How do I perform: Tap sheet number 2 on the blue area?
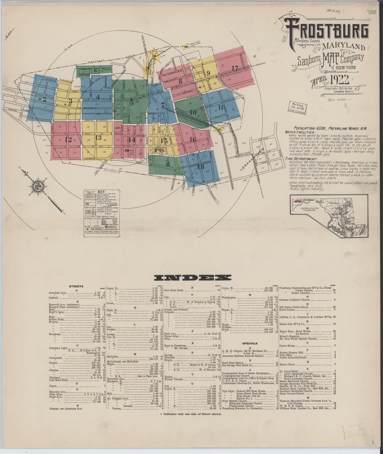pos(44,100)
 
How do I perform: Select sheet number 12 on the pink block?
pos(68,139)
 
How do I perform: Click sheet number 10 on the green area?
pos(193,112)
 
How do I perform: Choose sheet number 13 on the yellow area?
pos(98,137)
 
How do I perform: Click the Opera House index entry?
pos(287,345)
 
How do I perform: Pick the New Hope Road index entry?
pos(174,290)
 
